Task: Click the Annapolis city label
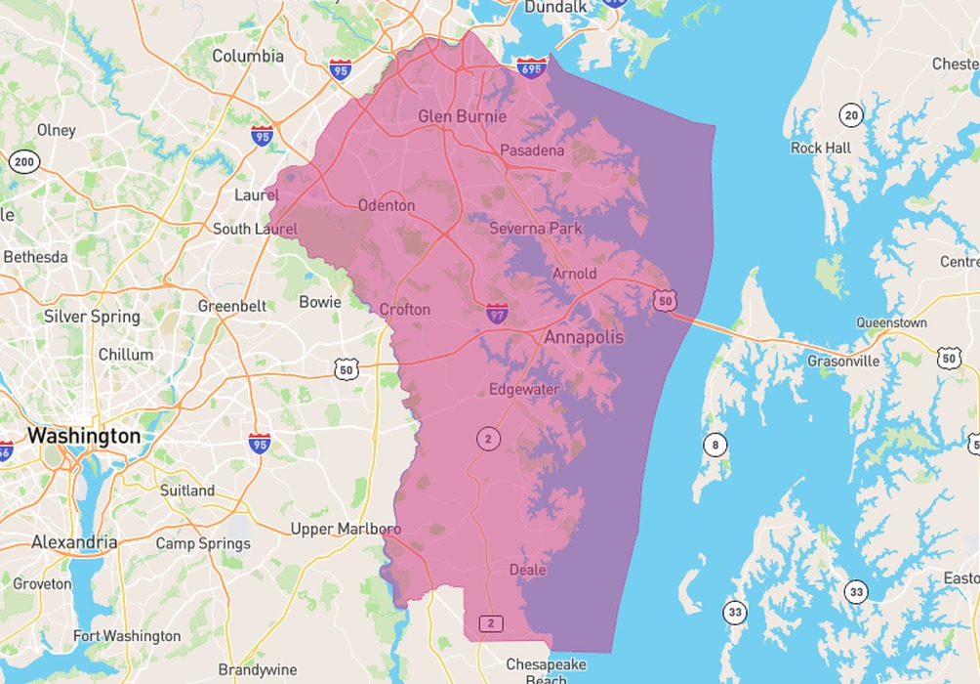(583, 337)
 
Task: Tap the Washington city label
(84, 436)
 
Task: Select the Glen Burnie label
(462, 117)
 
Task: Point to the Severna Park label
(535, 229)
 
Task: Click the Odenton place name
(387, 206)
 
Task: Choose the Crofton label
(404, 310)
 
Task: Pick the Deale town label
(527, 570)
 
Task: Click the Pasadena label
(532, 150)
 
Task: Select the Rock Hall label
(820, 149)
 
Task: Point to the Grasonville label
(843, 362)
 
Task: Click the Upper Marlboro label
(346, 530)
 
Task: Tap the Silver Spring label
(92, 317)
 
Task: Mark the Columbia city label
(248, 56)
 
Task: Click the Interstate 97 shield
(497, 314)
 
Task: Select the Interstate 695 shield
(532, 67)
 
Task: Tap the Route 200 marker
(24, 162)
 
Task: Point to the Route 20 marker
(852, 116)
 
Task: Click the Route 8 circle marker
(715, 447)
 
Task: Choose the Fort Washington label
(126, 636)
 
